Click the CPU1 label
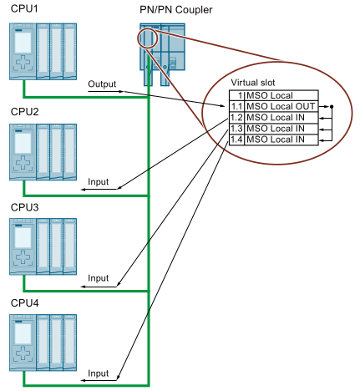(24, 8)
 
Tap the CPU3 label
(24, 206)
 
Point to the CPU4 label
(24, 302)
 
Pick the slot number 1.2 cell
(236, 118)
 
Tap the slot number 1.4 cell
(236, 140)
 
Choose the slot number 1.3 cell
(236, 129)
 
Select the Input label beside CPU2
(99, 180)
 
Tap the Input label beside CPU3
(99, 277)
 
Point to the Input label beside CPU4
(99, 373)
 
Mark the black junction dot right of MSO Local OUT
(332, 107)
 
